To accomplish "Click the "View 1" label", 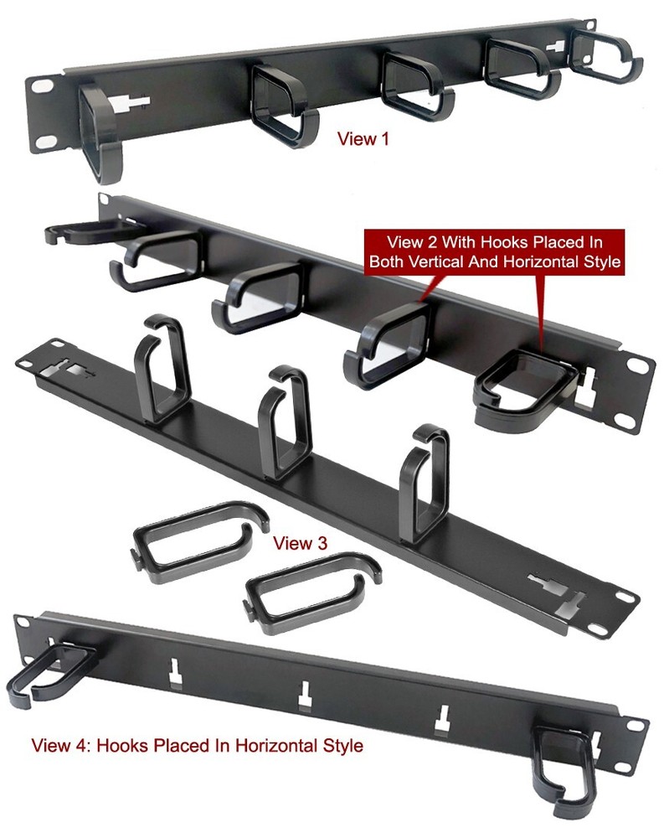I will (x=363, y=139).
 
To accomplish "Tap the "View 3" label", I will (x=300, y=543).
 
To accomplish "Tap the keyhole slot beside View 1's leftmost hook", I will (x=136, y=104).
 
